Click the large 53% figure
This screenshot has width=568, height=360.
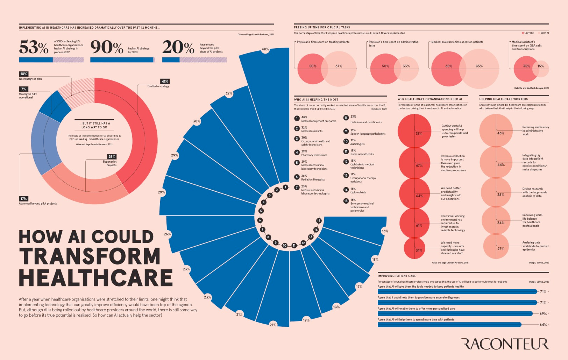[34, 47]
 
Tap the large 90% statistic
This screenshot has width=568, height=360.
[107, 47]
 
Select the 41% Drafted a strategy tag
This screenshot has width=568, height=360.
[165, 82]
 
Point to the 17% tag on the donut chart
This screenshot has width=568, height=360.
[23, 199]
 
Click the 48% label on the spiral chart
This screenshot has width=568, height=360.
[265, 49]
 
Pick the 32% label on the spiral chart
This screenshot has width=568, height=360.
[229, 93]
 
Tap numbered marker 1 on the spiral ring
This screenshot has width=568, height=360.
[285, 187]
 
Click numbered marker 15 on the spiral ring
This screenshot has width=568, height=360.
[319, 221]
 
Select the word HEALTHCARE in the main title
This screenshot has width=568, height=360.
[95, 278]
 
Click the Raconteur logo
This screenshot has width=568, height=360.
[505, 344]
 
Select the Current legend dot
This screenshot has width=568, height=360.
[523, 33]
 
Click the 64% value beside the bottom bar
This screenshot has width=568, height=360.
[543, 325]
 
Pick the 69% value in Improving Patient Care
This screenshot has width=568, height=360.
[543, 314]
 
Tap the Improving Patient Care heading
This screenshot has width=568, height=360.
[397, 276]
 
